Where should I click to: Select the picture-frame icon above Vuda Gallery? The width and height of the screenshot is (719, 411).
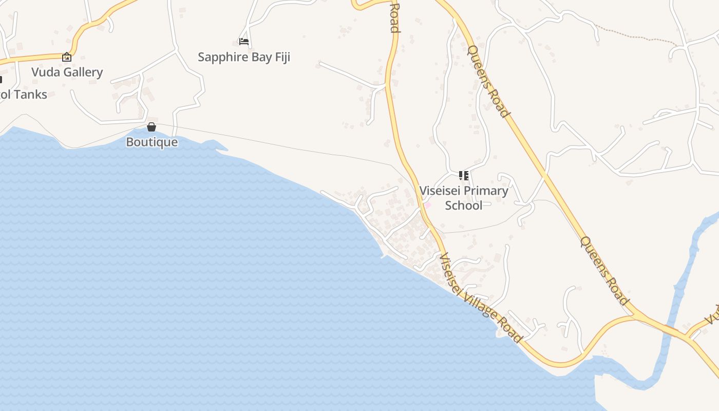[66, 57]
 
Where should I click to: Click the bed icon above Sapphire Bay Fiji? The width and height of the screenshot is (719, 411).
[244, 41]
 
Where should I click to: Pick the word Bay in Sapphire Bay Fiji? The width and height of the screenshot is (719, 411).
[262, 57]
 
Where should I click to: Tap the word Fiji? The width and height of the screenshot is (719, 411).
[282, 57]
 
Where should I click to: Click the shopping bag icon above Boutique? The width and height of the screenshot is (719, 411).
[152, 126]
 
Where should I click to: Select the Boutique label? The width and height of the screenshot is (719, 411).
[152, 142]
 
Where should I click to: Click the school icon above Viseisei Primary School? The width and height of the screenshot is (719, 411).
[464, 176]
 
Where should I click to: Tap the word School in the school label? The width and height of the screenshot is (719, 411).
[464, 206]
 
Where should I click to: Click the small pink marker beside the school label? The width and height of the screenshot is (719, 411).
[427, 205]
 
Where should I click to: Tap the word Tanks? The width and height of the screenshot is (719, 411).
[30, 95]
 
